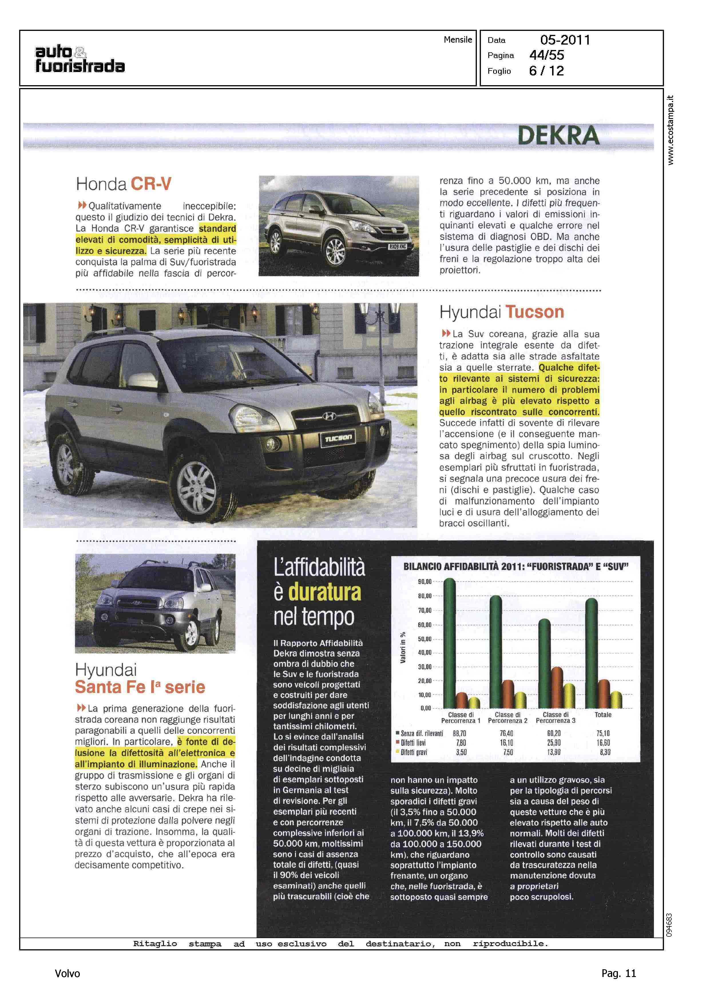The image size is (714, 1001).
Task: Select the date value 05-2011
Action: click(x=565, y=40)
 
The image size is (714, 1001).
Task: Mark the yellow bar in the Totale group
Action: click(x=616, y=700)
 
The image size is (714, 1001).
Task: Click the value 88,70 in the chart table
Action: click(x=459, y=733)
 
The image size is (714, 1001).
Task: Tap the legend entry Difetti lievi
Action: click(x=413, y=743)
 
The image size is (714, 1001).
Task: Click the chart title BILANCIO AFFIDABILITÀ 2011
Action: click(x=515, y=567)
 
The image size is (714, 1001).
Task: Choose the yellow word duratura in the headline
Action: click(x=324, y=592)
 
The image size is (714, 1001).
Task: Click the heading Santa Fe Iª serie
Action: click(x=140, y=687)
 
